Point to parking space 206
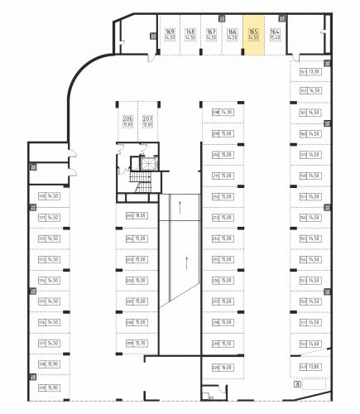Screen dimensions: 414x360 click(x=127, y=122)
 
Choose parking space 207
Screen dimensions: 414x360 click(x=147, y=122)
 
